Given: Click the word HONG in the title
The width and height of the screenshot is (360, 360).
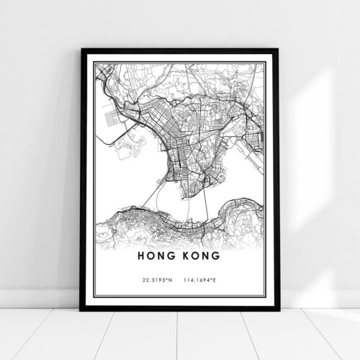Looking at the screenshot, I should (x=158, y=255).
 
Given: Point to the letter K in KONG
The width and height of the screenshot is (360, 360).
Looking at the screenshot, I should (x=185, y=255).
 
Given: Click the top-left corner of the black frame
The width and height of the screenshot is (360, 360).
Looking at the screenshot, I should (x=81, y=50).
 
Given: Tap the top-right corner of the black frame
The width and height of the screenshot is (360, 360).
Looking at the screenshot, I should (x=279, y=50).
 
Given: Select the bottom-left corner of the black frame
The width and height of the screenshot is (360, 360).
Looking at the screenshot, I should (x=81, y=310).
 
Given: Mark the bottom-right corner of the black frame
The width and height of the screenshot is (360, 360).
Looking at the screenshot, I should (x=279, y=310).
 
